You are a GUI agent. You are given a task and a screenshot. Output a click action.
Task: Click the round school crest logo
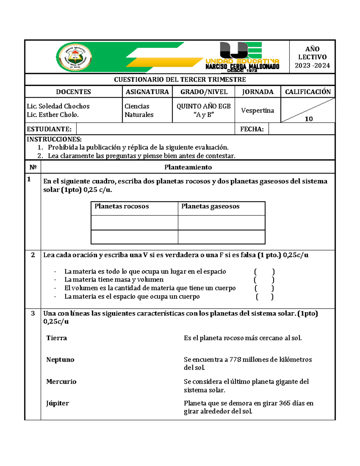pyautogui.click(x=74, y=57)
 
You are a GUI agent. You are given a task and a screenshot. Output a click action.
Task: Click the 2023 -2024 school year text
pyautogui.click(x=312, y=65)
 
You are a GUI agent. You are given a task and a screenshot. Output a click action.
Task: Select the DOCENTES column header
pyautogui.click(x=73, y=92)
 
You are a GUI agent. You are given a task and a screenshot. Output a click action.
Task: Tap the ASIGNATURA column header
pyautogui.click(x=147, y=92)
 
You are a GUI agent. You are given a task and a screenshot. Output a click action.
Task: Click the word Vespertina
pyautogui.click(x=257, y=110)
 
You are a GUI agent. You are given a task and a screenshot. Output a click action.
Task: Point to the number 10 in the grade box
pyautogui.click(x=309, y=119)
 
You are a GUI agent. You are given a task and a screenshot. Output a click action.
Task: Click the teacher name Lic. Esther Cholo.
pyautogui.click(x=53, y=115)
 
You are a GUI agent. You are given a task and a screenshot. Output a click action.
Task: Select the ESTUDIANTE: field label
pyautogui.click(x=49, y=129)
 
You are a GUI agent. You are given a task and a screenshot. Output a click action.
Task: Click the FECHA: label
pyautogui.click(x=252, y=129)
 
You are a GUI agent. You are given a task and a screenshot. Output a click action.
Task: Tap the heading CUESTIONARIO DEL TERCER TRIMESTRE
pyautogui.click(x=180, y=80)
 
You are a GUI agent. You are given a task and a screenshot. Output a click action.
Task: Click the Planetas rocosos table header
pyautogui.click(x=121, y=206)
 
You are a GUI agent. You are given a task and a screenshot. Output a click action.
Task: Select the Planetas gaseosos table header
pyautogui.click(x=210, y=206)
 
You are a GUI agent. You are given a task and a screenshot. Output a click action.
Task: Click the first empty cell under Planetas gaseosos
pyautogui.click(x=221, y=223)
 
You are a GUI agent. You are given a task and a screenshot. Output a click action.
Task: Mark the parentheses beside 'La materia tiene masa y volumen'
pyautogui.click(x=264, y=280)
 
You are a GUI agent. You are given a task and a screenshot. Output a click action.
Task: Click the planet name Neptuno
pyautogui.click(x=60, y=359)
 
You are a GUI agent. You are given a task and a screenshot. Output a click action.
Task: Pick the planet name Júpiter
pyautogui.click(x=58, y=403)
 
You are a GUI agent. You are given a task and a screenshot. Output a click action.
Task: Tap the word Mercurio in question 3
pyautogui.click(x=61, y=381)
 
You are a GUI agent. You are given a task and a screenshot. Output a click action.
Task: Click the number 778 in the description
pyautogui.click(x=235, y=359)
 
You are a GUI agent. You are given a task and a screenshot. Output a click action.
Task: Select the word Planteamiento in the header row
pyautogui.click(x=188, y=167)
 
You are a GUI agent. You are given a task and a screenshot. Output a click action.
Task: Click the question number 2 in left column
pyautogui.click(x=33, y=255)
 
